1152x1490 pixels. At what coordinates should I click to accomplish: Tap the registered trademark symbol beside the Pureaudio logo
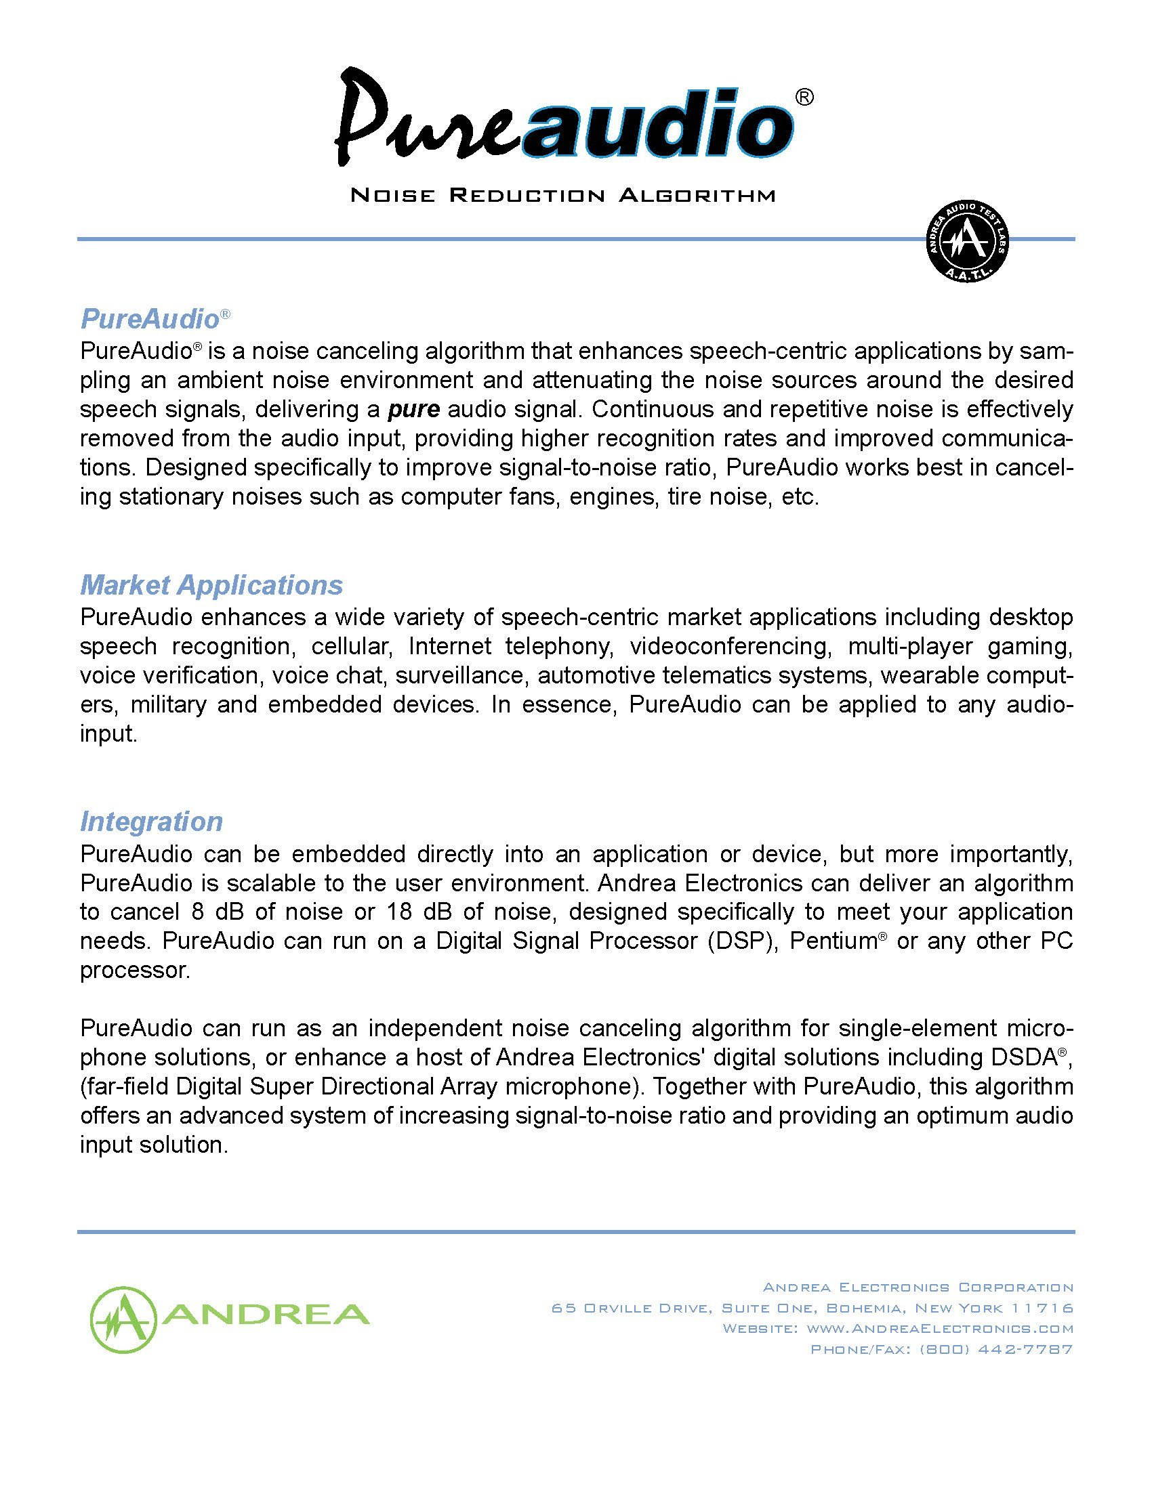805,98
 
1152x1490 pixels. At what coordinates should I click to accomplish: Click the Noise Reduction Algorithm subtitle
562,196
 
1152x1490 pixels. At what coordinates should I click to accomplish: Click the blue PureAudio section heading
150,318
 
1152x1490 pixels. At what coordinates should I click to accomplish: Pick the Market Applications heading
211,585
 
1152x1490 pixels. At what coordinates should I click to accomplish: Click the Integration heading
152,822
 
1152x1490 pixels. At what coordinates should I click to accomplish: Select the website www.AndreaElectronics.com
940,1329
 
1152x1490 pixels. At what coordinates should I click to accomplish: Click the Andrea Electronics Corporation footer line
918,1287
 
